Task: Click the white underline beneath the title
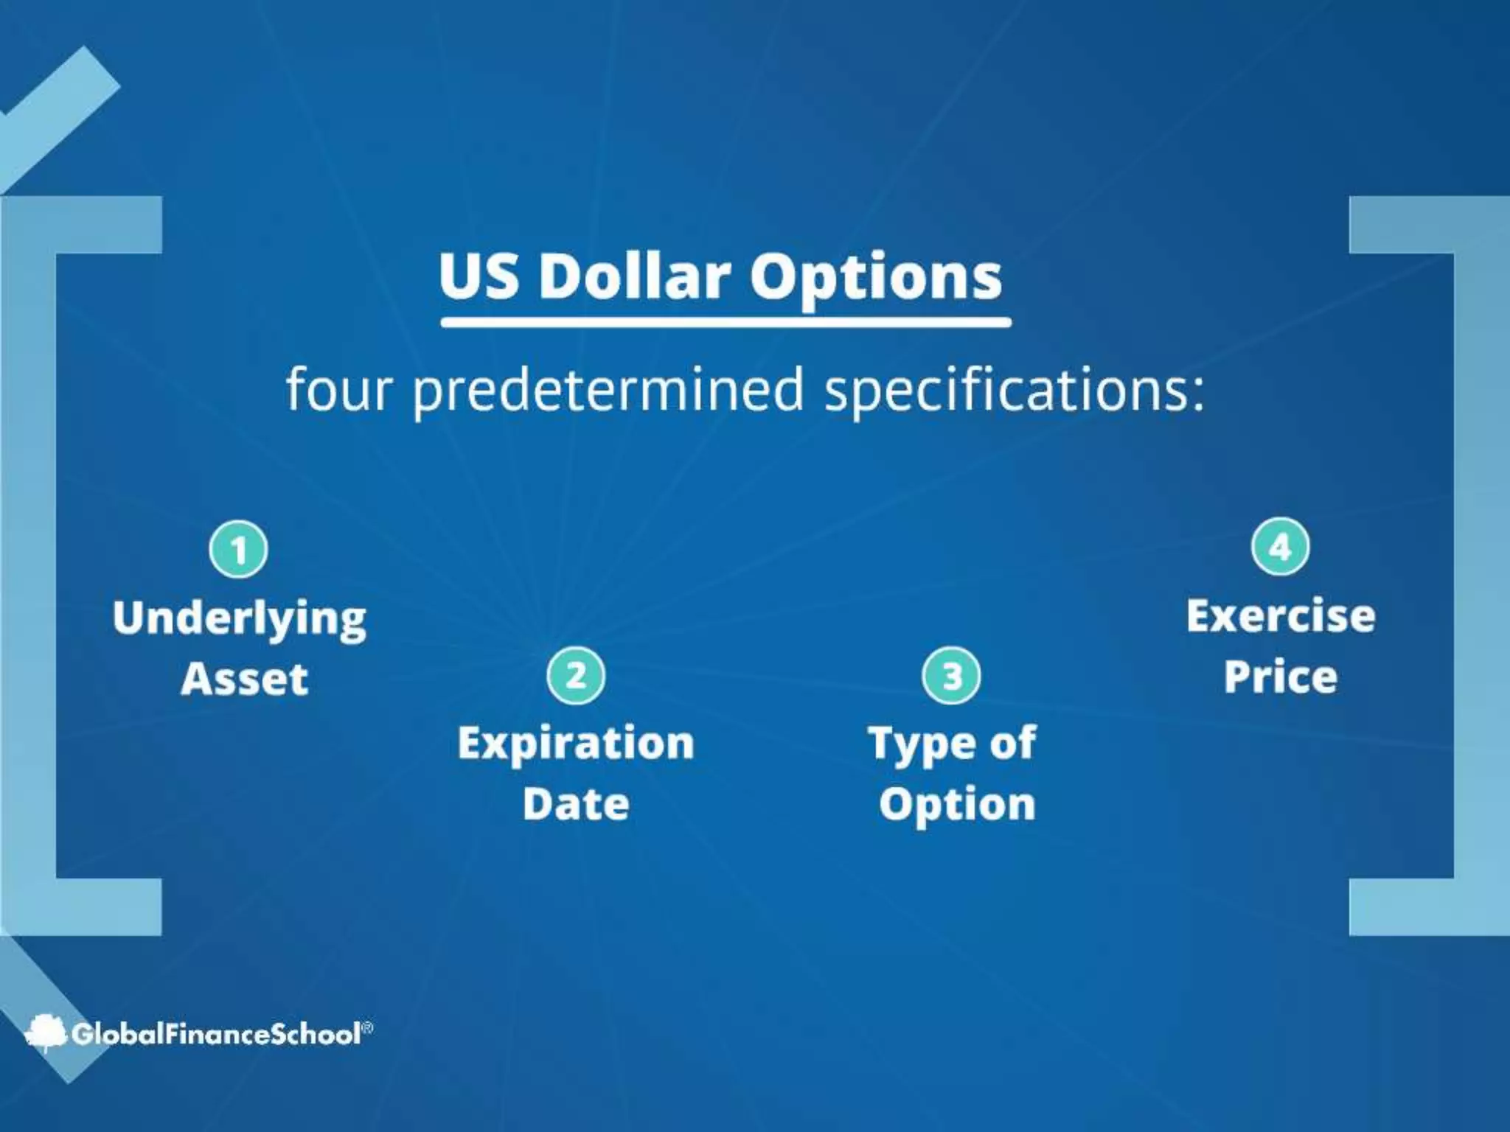[x=726, y=322]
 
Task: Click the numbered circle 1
[x=238, y=550]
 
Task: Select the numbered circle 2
[x=576, y=675]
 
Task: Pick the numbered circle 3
[x=951, y=676]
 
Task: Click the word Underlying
[x=240, y=619]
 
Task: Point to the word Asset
[x=244, y=679]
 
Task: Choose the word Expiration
[x=576, y=743]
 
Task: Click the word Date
[x=576, y=803]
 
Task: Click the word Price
[x=1281, y=677]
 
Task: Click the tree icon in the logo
[x=46, y=1033]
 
